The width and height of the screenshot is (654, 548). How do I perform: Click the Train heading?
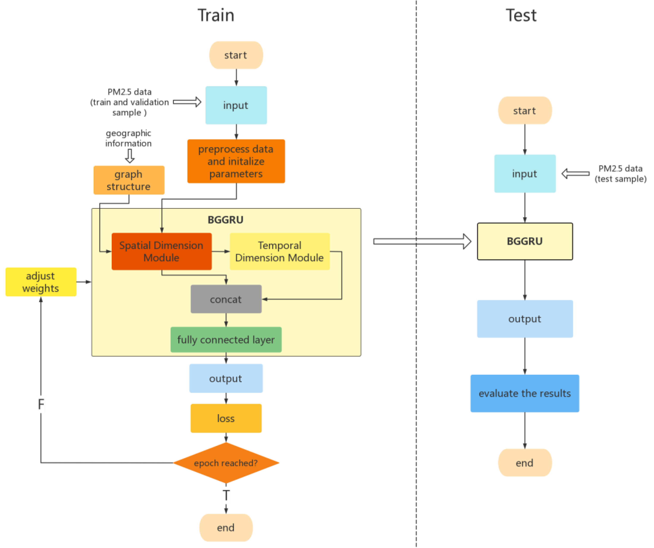(216, 15)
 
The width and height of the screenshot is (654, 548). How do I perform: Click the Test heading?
(521, 15)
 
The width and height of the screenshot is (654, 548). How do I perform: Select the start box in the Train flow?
(236, 55)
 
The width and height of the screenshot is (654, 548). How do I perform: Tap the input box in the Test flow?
(525, 174)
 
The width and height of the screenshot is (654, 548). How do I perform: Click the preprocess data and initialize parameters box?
(236, 161)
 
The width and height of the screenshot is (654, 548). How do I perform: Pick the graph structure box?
(129, 180)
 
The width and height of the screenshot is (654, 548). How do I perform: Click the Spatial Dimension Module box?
(161, 251)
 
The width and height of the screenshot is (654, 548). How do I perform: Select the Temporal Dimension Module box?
(279, 251)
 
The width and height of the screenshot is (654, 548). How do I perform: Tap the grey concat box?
(226, 299)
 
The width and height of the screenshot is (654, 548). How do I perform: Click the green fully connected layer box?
(226, 340)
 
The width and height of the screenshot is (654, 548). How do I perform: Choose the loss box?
(226, 418)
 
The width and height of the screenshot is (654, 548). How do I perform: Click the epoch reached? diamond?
(226, 463)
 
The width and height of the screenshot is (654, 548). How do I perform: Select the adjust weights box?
(41, 282)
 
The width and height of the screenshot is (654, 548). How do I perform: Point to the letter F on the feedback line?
(41, 404)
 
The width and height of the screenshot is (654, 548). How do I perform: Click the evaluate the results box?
(525, 393)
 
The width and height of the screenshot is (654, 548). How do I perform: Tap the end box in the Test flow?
(525, 463)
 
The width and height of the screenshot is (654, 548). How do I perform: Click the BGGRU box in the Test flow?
(525, 241)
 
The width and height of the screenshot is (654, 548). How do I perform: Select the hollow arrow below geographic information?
(130, 156)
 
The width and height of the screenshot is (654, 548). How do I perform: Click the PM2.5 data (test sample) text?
(620, 174)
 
